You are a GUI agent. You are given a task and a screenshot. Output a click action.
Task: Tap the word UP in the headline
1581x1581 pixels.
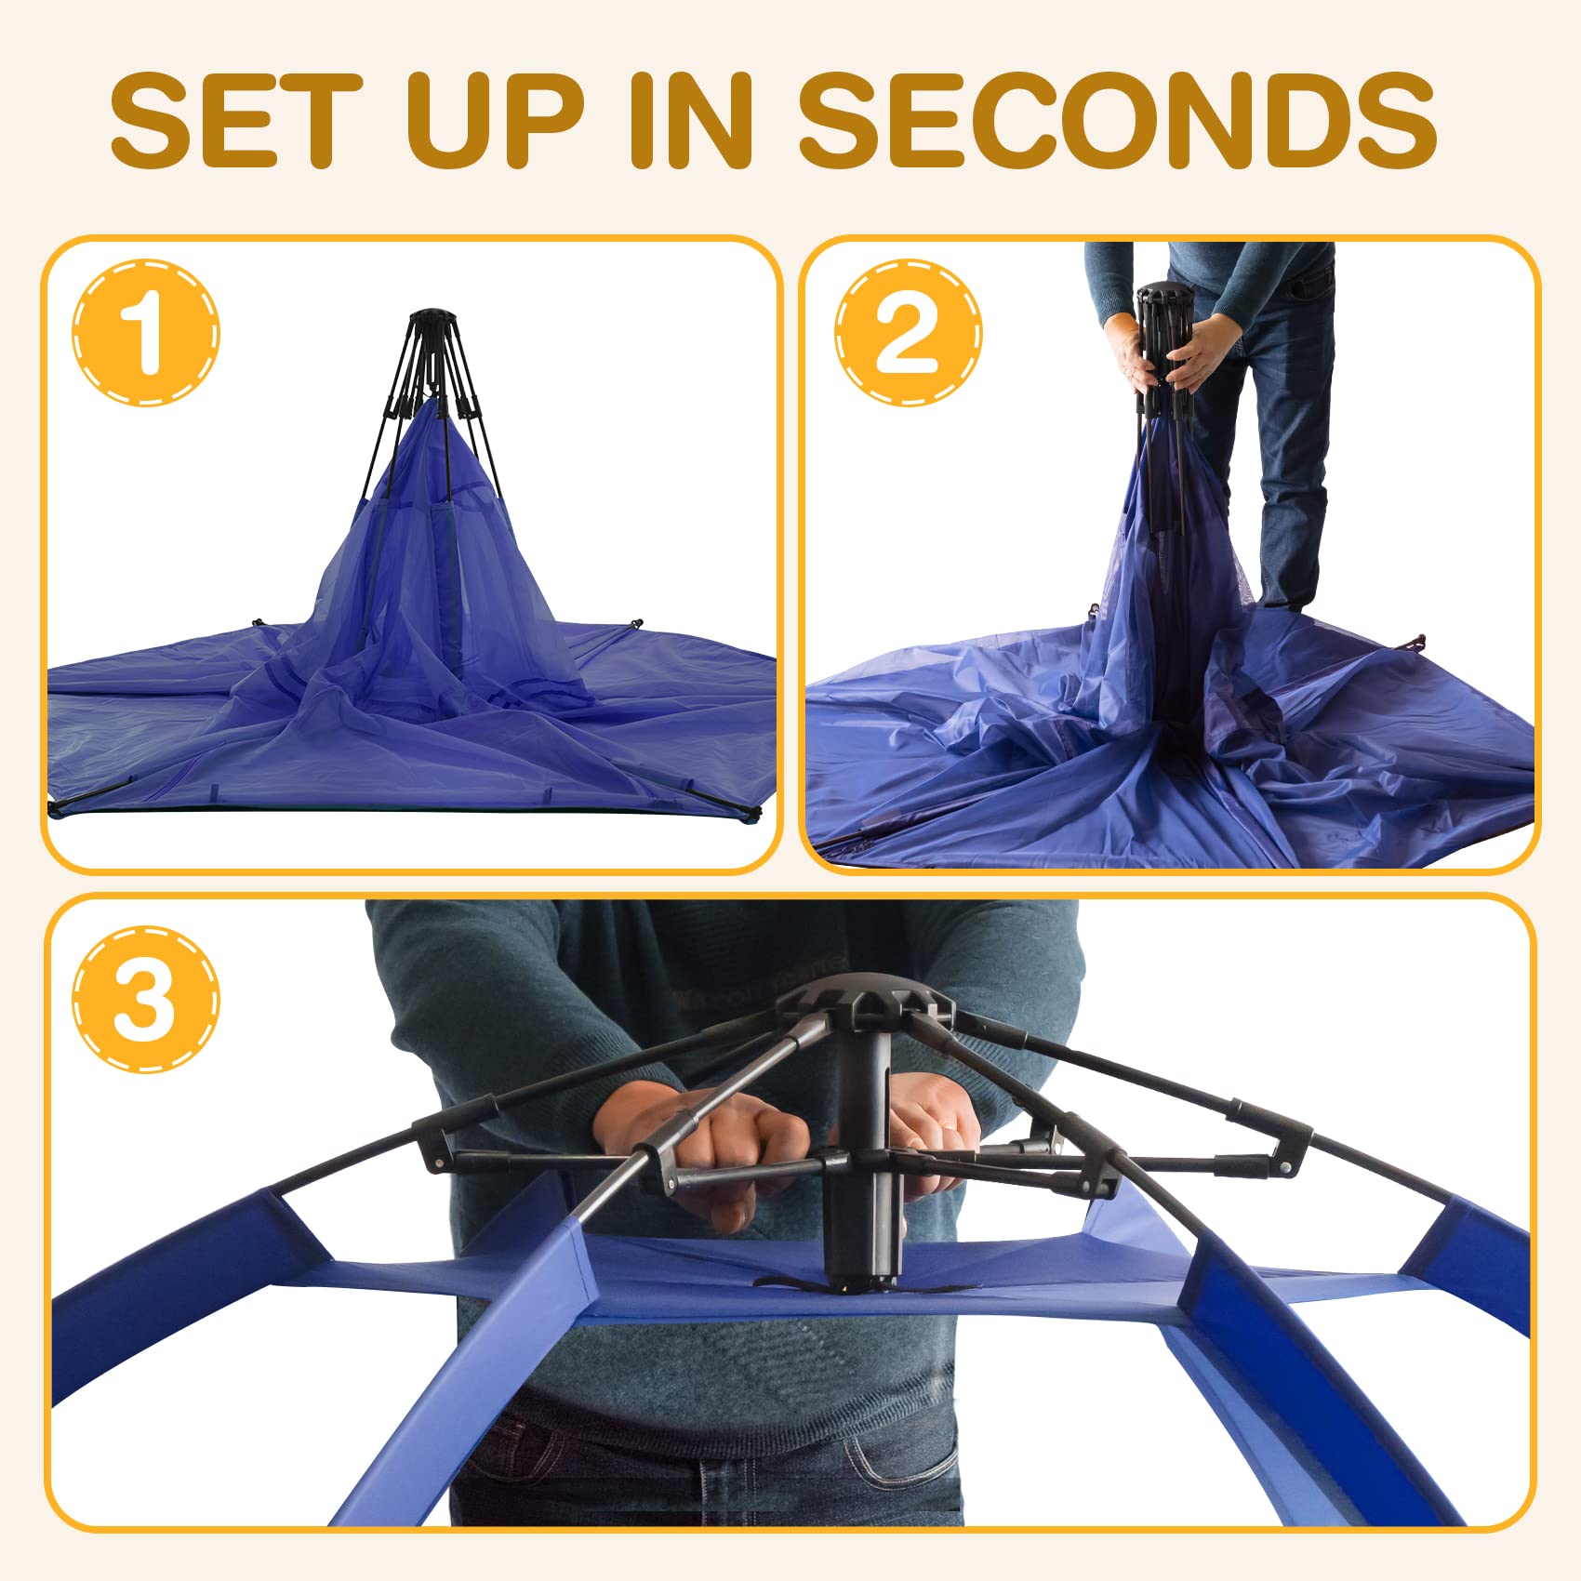495,120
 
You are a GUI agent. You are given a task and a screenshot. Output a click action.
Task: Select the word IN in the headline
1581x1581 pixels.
690,120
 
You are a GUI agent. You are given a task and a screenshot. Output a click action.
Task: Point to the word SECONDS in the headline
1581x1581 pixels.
1117,120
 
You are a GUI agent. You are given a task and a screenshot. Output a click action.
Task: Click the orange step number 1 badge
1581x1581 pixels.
146,332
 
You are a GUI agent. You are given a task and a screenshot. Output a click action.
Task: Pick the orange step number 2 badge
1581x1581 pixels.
908,332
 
